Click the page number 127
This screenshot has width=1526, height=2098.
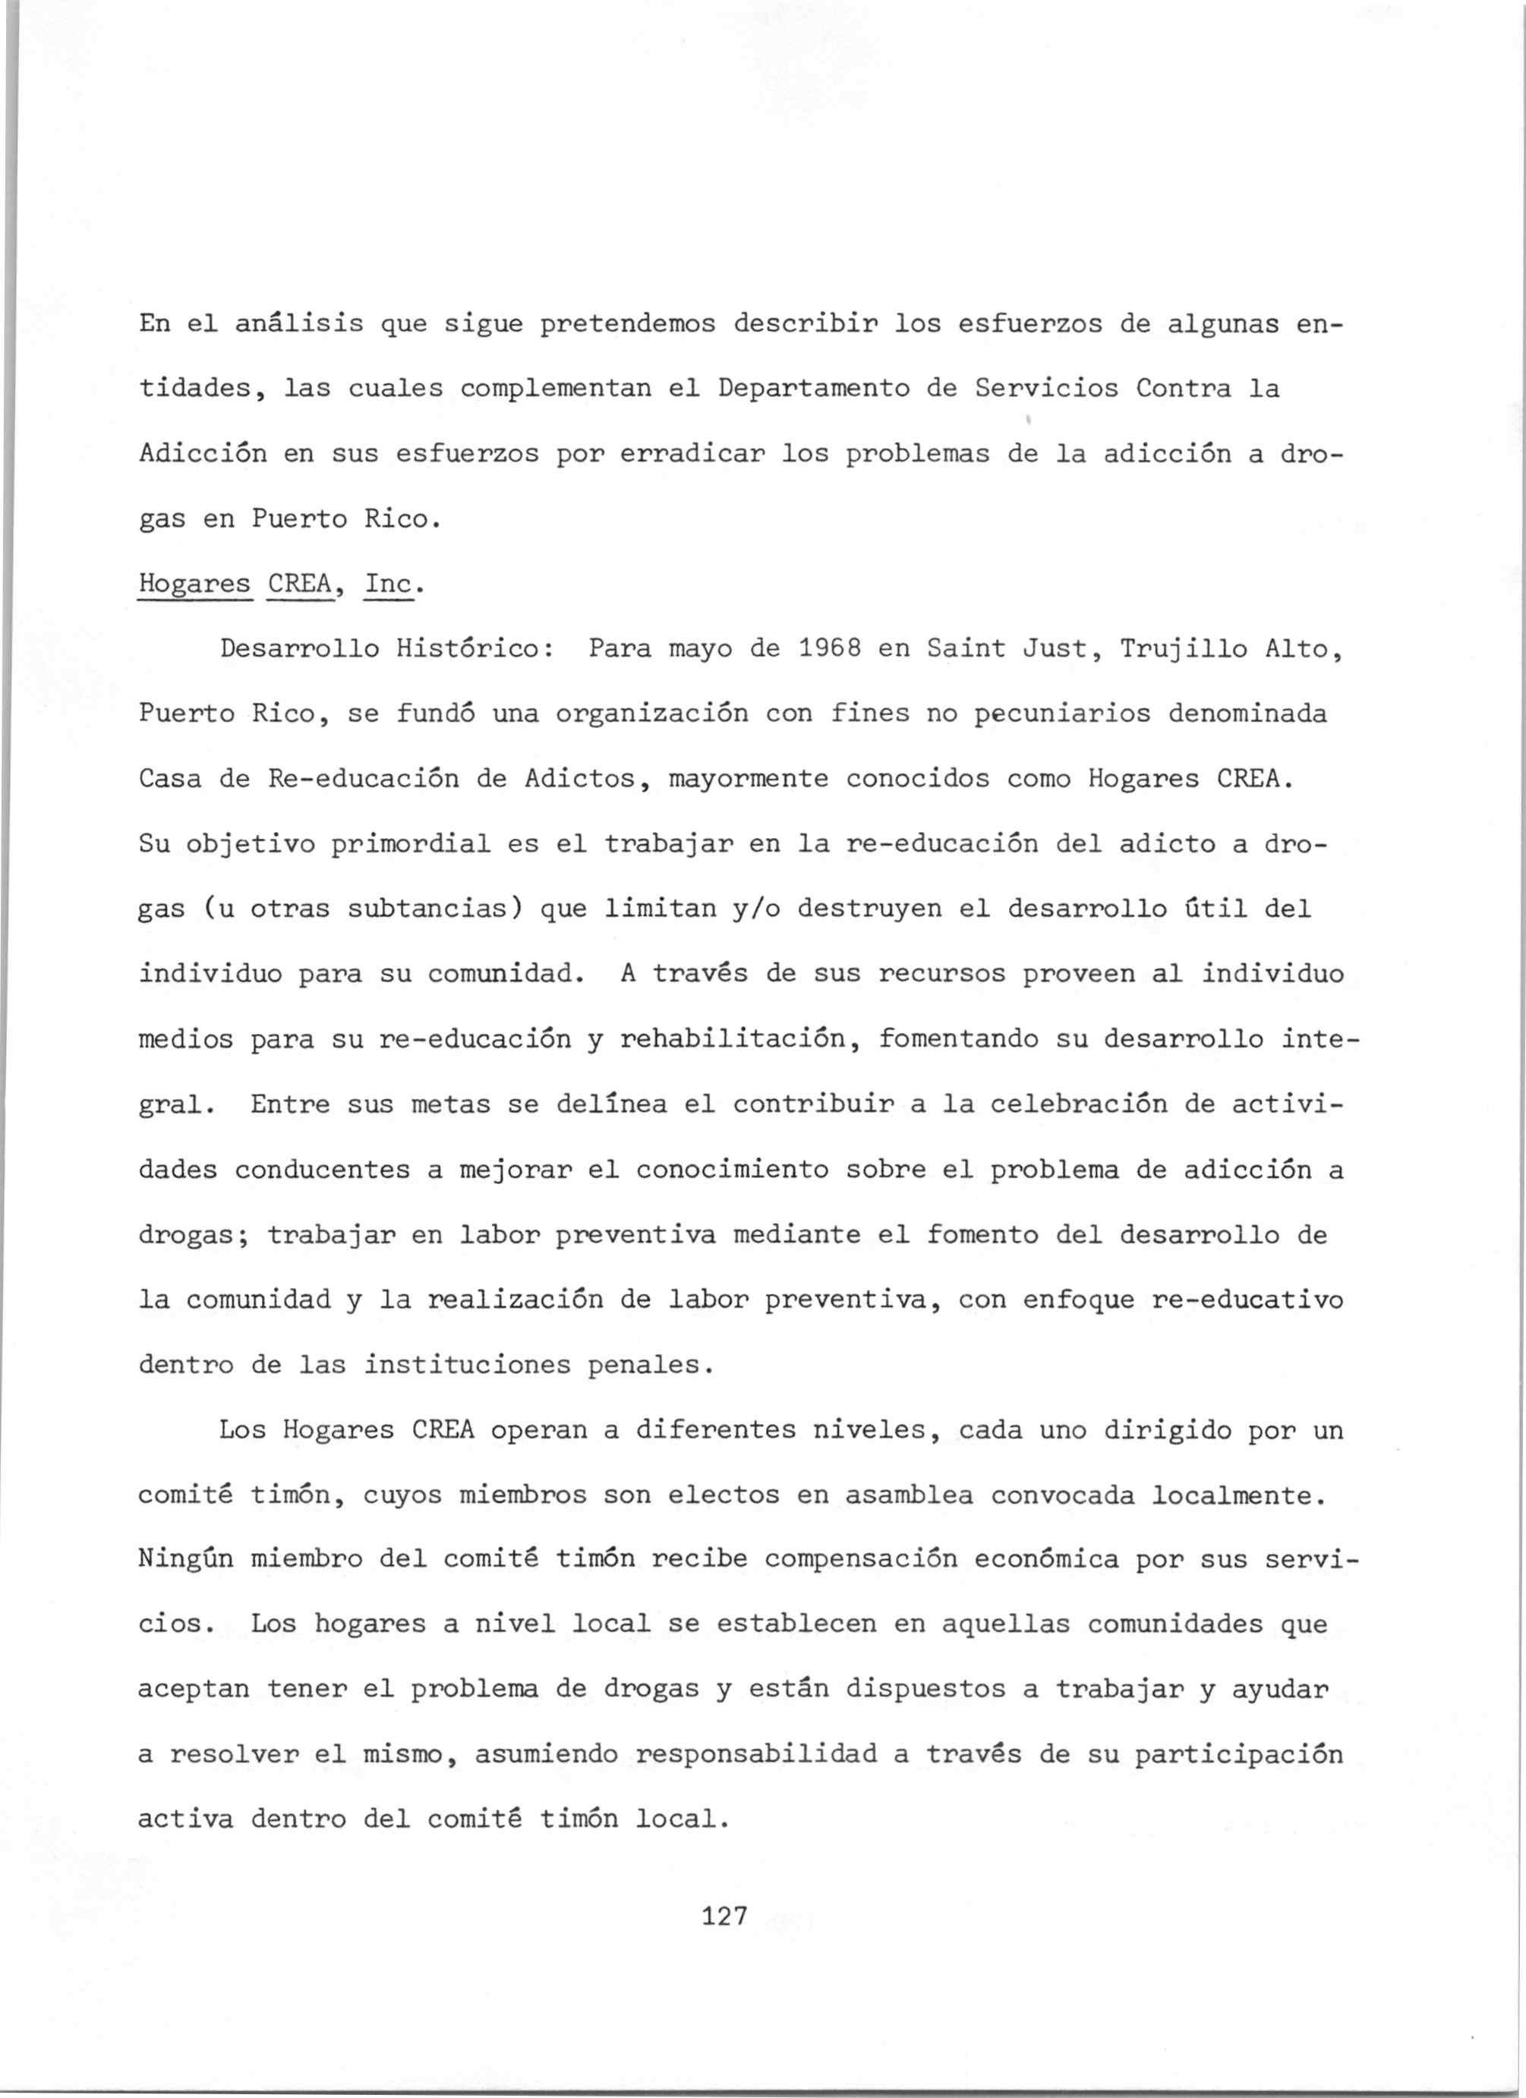click(x=724, y=1916)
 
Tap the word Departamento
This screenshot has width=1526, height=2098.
click(x=812, y=389)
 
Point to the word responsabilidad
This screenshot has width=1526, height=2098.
click(x=756, y=1755)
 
